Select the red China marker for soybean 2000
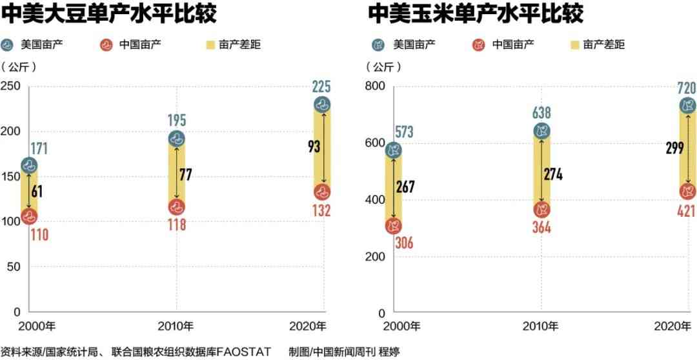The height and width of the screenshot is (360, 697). pos(29,217)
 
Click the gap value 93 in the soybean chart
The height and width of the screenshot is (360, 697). pos(314,146)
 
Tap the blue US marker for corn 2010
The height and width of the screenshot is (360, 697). pos(541,132)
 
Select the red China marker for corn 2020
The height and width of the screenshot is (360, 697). pos(688,191)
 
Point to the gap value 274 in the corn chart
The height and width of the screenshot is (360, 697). pos(553,174)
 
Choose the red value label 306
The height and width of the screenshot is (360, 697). pos(400,243)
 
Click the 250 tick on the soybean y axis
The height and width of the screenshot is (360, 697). pos(11,86)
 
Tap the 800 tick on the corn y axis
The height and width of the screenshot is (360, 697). pos(376,86)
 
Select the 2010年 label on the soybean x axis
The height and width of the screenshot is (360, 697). pos(177,325)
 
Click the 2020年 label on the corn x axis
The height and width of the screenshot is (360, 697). pos(674,326)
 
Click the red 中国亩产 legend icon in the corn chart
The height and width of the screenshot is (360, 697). pos(478,45)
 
